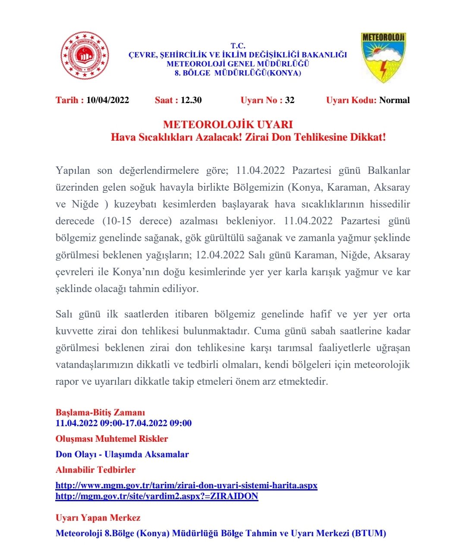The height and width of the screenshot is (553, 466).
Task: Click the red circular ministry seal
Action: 85,56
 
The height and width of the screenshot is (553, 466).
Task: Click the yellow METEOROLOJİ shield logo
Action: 383,57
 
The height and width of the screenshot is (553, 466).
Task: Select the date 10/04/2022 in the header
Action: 107,100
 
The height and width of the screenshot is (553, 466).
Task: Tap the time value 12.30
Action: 191,100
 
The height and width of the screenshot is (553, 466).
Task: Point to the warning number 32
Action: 290,100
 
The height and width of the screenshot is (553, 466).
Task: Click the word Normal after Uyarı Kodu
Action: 394,100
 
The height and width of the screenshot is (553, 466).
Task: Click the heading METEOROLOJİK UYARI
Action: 228,125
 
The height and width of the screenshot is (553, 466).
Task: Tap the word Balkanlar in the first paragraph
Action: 389,170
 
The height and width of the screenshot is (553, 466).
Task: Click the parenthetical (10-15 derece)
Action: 137,221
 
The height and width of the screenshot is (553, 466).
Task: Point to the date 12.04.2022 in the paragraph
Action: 220,255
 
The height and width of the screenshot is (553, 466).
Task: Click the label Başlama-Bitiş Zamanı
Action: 100,412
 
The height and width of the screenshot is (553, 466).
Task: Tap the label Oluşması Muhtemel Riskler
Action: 112,439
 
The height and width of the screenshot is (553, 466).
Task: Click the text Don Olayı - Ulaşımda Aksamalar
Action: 122,454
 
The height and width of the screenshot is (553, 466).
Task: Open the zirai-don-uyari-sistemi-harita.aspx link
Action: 186,485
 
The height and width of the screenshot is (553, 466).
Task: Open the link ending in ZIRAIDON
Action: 157,496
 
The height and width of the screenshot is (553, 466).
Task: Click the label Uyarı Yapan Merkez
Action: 98,518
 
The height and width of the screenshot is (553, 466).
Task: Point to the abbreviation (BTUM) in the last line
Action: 369,533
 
